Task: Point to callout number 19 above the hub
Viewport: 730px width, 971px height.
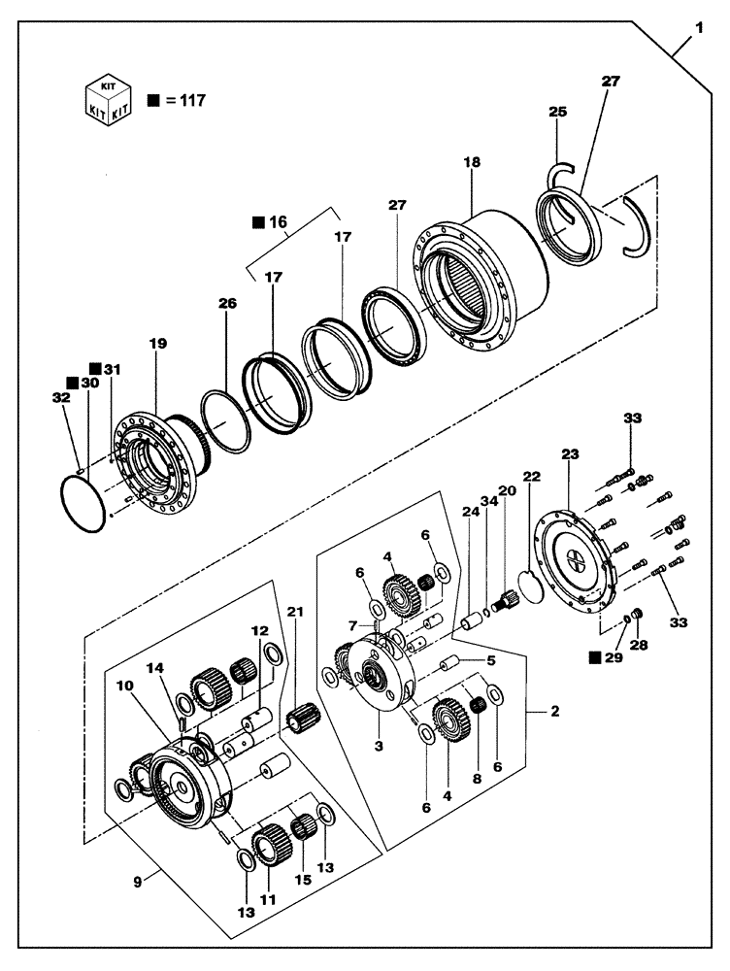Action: pos(157,343)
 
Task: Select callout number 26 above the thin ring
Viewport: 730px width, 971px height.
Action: pos(227,303)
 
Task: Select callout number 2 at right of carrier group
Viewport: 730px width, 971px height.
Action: pos(554,712)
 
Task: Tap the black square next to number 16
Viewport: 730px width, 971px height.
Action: pos(258,222)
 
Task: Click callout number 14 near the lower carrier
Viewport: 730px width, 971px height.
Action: pos(155,668)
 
